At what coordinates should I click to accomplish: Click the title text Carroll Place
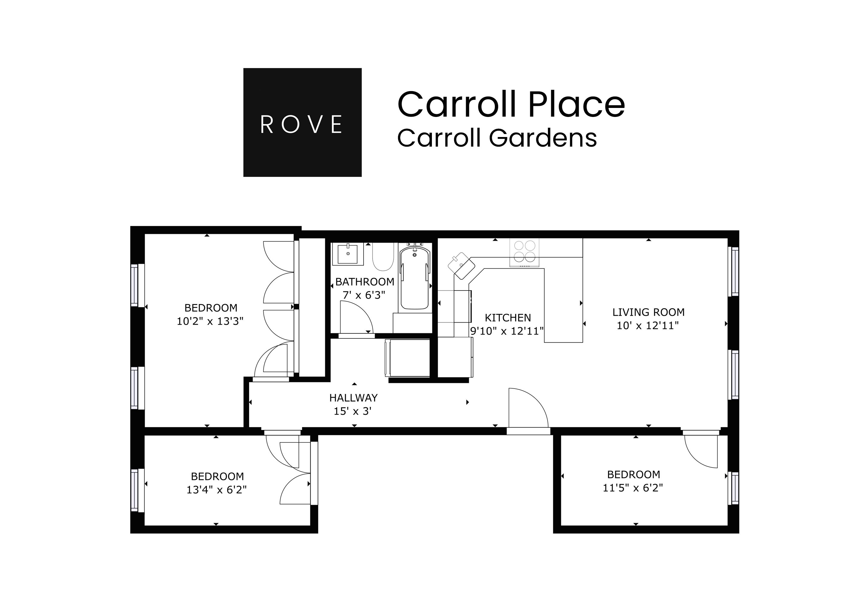[511, 104]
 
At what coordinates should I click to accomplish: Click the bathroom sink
[347, 254]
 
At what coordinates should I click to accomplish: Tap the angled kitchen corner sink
[462, 266]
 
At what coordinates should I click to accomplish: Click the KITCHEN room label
[508, 317]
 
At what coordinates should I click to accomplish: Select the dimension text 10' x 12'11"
[648, 326]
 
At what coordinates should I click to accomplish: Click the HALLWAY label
[353, 398]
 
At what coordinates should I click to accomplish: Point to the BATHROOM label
[364, 282]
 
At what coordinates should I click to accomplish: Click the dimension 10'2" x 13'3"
[210, 321]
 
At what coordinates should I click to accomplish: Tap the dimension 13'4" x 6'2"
[216, 490]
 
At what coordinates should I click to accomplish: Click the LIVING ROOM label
[648, 312]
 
